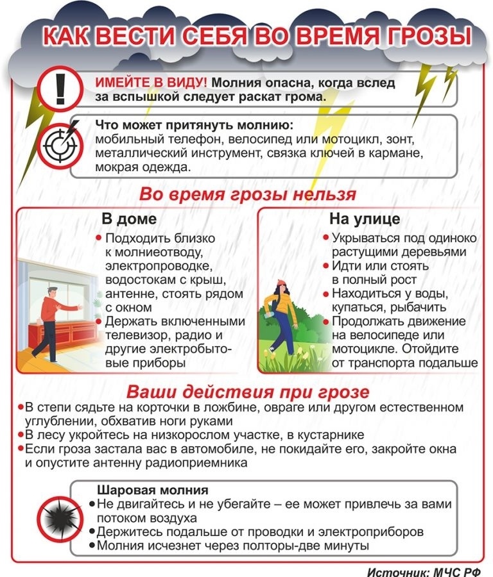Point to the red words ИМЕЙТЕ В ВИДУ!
151,83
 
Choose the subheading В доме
129,219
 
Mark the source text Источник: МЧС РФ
427,569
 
